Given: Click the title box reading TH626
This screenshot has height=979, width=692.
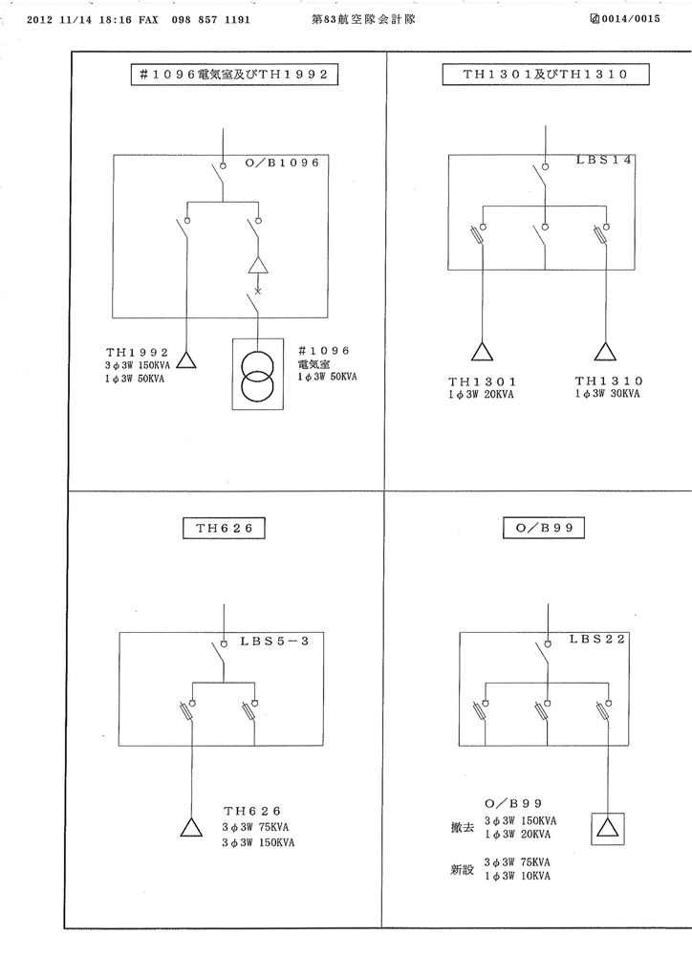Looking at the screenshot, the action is click(x=224, y=528).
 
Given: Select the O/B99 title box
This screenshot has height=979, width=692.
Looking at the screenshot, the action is click(x=544, y=528).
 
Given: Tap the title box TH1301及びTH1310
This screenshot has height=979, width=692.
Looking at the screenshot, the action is click(x=546, y=75).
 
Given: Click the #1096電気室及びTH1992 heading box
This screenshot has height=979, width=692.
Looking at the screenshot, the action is click(x=234, y=75).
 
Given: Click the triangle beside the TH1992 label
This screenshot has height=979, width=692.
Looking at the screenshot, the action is click(x=186, y=360).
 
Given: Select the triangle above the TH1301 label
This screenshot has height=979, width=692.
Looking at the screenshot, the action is click(x=482, y=352).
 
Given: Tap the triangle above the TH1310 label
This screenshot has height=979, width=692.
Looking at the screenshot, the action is click(x=605, y=352).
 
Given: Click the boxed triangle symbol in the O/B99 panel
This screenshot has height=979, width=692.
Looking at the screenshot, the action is click(x=608, y=829).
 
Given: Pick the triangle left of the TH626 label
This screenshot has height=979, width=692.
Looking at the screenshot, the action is click(x=191, y=827).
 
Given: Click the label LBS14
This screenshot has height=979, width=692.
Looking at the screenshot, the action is click(x=603, y=160).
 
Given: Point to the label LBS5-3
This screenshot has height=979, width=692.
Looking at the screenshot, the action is click(x=274, y=642).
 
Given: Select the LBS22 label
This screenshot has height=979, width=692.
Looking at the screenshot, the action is click(x=597, y=640).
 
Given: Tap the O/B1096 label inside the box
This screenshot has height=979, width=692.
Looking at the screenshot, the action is click(x=282, y=163).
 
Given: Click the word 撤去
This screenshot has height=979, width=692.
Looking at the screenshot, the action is click(x=463, y=828).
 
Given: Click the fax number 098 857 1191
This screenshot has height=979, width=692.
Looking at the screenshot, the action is click(x=211, y=20).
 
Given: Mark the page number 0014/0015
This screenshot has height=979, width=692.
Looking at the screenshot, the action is click(x=631, y=19).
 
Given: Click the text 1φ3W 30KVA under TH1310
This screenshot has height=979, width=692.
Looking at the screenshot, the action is click(x=607, y=394).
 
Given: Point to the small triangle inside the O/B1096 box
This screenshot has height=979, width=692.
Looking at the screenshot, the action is click(x=258, y=266).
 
